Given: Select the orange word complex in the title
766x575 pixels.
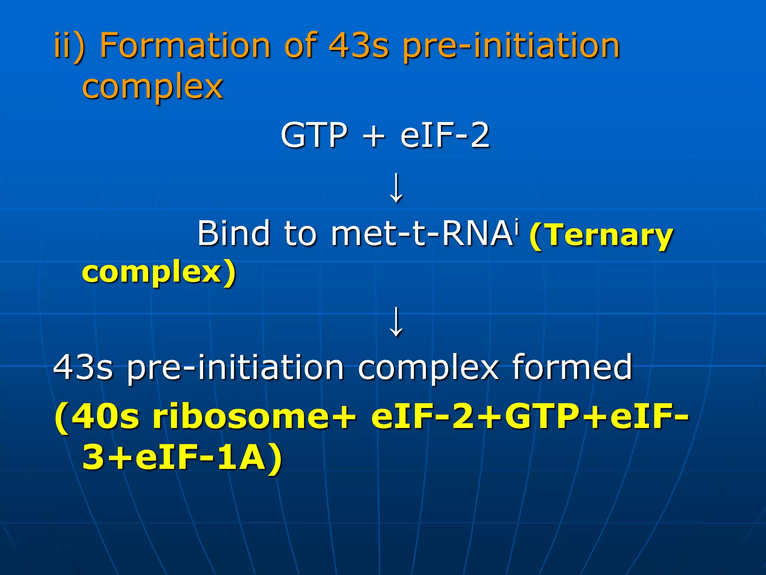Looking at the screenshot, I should point(153,87).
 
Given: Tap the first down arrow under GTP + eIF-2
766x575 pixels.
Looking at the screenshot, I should point(396,188).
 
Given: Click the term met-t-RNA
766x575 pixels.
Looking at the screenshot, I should point(421,234).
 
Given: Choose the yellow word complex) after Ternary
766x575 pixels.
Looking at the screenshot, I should point(159,273).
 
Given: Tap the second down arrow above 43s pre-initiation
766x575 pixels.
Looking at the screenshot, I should point(396,321).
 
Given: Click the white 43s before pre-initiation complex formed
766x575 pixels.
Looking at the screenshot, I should point(83,367).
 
